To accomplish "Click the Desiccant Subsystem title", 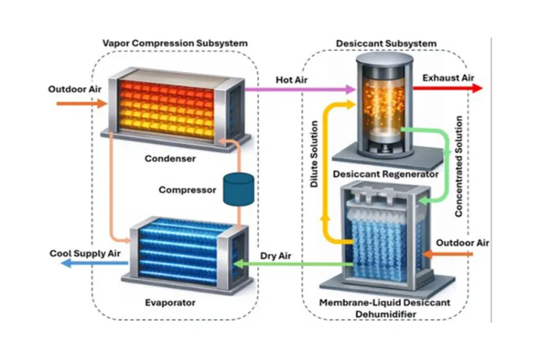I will [386, 43].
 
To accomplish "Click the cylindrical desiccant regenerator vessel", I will [380, 104].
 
